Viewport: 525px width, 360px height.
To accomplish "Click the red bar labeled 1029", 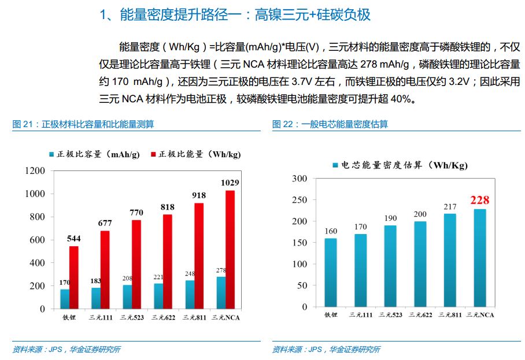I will click(x=230, y=249).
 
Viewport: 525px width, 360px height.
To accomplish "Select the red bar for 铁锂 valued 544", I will click(x=74, y=277).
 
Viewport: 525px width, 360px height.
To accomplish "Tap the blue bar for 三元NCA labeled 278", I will click(x=221, y=292).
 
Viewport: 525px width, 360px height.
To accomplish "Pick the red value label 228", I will click(x=479, y=201).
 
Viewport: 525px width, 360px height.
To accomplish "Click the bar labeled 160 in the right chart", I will click(x=331, y=272).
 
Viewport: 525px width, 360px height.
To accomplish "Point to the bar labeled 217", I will click(x=450, y=260).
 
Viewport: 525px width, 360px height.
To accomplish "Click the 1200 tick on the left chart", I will click(x=35, y=171).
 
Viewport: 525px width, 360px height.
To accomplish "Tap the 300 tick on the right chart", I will click(x=300, y=179).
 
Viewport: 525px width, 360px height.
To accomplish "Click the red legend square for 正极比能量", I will click(x=153, y=154).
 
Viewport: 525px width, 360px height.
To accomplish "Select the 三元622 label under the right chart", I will click(x=420, y=315).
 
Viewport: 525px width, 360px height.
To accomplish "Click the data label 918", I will click(x=199, y=195).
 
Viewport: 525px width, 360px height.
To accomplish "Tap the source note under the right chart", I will click(x=326, y=349).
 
